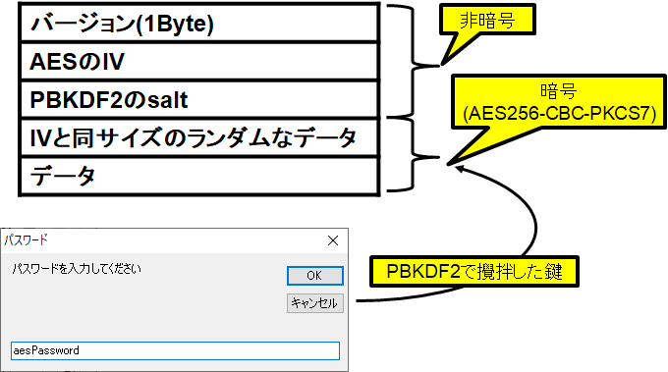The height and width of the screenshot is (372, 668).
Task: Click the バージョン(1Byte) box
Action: (x=196, y=23)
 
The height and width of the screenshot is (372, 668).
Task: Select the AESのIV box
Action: (x=196, y=61)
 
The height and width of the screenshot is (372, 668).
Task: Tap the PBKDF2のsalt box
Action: (x=196, y=99)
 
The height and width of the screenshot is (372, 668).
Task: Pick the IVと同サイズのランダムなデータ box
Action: (x=196, y=137)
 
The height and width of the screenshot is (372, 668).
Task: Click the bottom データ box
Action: (x=196, y=176)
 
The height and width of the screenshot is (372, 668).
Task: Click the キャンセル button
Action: (x=314, y=303)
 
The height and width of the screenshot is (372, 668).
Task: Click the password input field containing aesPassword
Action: (x=175, y=350)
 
